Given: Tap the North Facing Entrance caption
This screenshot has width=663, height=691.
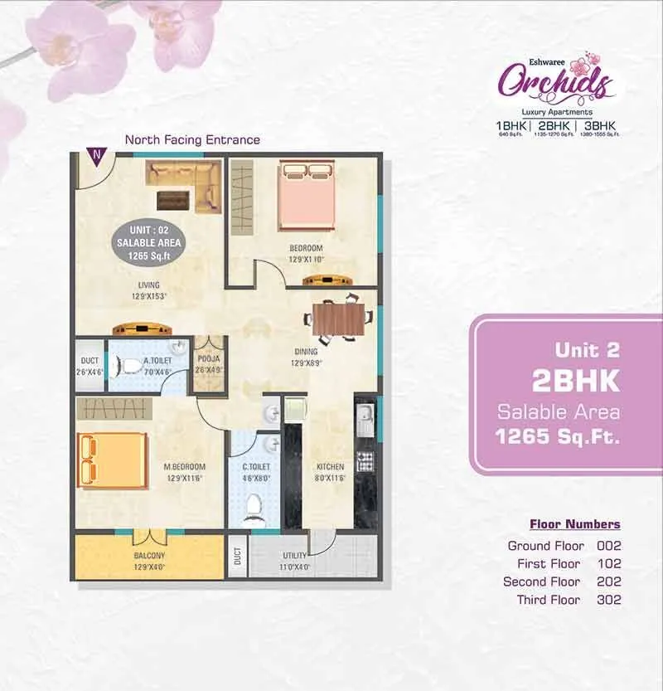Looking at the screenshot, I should [x=192, y=140].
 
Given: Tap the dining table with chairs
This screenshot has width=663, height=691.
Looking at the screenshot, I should [x=337, y=317].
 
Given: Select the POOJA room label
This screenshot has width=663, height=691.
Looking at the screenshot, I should [x=208, y=360].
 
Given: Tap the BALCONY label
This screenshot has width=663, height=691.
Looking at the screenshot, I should [x=149, y=555].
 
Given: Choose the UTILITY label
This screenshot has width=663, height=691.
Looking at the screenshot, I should [x=294, y=555].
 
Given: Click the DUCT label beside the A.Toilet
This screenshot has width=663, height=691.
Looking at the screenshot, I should [x=90, y=361].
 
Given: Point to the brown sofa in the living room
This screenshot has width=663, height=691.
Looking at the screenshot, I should [x=183, y=175].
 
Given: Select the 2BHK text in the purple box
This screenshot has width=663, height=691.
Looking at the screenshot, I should [x=575, y=381].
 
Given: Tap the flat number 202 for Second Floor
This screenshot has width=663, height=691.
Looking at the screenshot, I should [x=608, y=582].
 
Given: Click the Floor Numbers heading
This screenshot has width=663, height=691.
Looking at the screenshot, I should [x=574, y=524].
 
